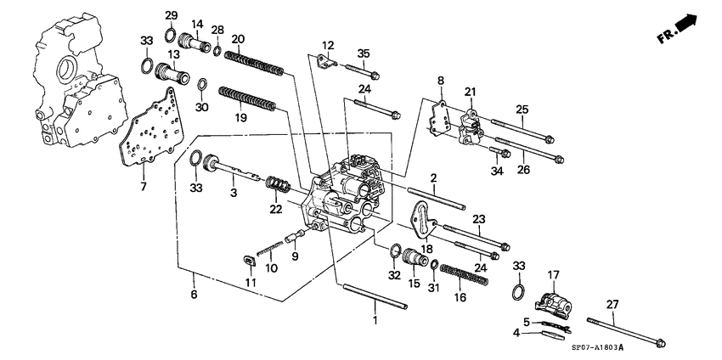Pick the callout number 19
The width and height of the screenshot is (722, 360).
pyautogui.click(x=240, y=118)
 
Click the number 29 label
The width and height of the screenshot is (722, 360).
pyautogui.click(x=170, y=17)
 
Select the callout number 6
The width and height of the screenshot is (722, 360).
pyautogui.click(x=195, y=295)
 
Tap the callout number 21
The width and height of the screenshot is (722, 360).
pyautogui.click(x=469, y=92)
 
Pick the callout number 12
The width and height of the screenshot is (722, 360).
pyautogui.click(x=328, y=45)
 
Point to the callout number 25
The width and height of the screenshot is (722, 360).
pyautogui.click(x=521, y=110)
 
